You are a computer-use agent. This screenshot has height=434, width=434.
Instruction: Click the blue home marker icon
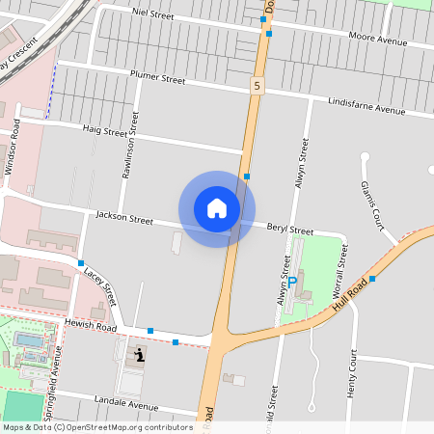pyautogui.click(x=217, y=208)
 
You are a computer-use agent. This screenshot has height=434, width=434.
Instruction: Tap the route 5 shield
pyautogui.click(x=257, y=87)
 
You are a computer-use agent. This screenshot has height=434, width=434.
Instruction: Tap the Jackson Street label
pyautogui.click(x=124, y=218)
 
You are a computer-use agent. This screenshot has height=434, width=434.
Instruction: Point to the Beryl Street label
pyautogui.click(x=289, y=231)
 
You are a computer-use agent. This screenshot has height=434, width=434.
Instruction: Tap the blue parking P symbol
pyautogui.click(x=292, y=282)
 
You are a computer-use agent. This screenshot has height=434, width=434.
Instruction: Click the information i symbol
pyautogui.click(x=142, y=356)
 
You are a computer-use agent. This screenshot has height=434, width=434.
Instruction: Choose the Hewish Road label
pyautogui.click(x=93, y=328)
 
